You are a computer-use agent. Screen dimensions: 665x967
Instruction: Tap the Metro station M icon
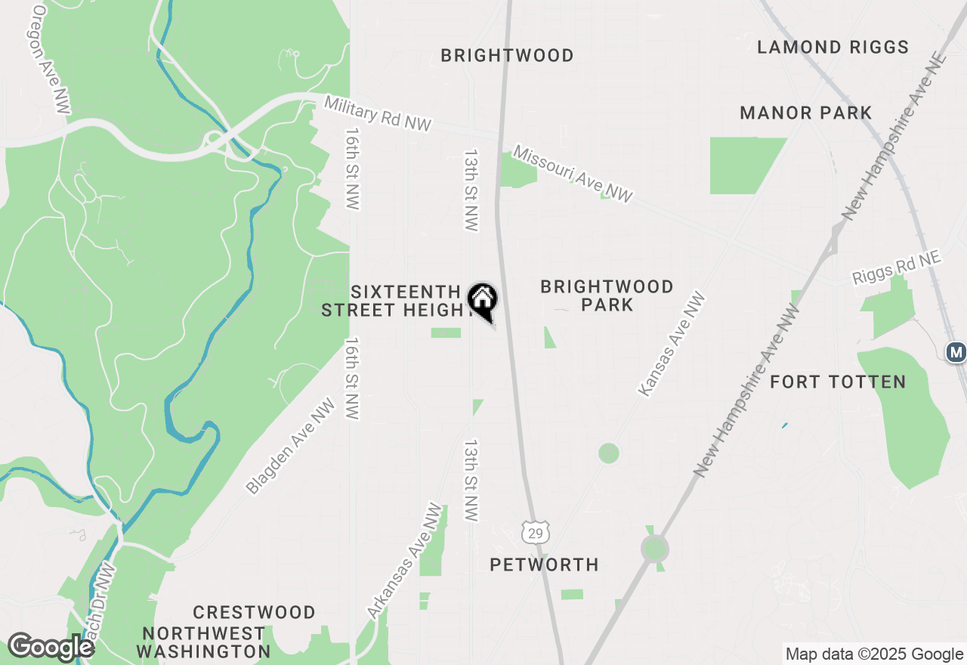(956, 351)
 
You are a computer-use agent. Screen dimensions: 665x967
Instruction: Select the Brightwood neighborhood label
(507, 55)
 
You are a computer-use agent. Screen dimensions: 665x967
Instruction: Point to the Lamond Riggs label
(833, 47)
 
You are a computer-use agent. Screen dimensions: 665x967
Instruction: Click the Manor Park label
(806, 113)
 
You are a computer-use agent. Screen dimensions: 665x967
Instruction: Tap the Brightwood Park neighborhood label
(607, 295)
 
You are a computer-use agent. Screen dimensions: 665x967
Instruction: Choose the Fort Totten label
(838, 382)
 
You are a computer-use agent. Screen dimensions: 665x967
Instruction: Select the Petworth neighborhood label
(544, 564)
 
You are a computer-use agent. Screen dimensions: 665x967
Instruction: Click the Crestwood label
(254, 612)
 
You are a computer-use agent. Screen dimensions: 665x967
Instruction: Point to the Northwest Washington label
(203, 642)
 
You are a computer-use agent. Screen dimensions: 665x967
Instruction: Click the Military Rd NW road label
(378, 113)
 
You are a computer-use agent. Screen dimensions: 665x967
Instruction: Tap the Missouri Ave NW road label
(572, 174)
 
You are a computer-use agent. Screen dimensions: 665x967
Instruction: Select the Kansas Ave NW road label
(672, 345)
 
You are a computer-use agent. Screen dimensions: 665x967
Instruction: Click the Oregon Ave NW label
(52, 60)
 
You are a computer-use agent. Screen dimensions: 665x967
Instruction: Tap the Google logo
(50, 648)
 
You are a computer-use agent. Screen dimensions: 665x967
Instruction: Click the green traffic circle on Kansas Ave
(609, 453)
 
